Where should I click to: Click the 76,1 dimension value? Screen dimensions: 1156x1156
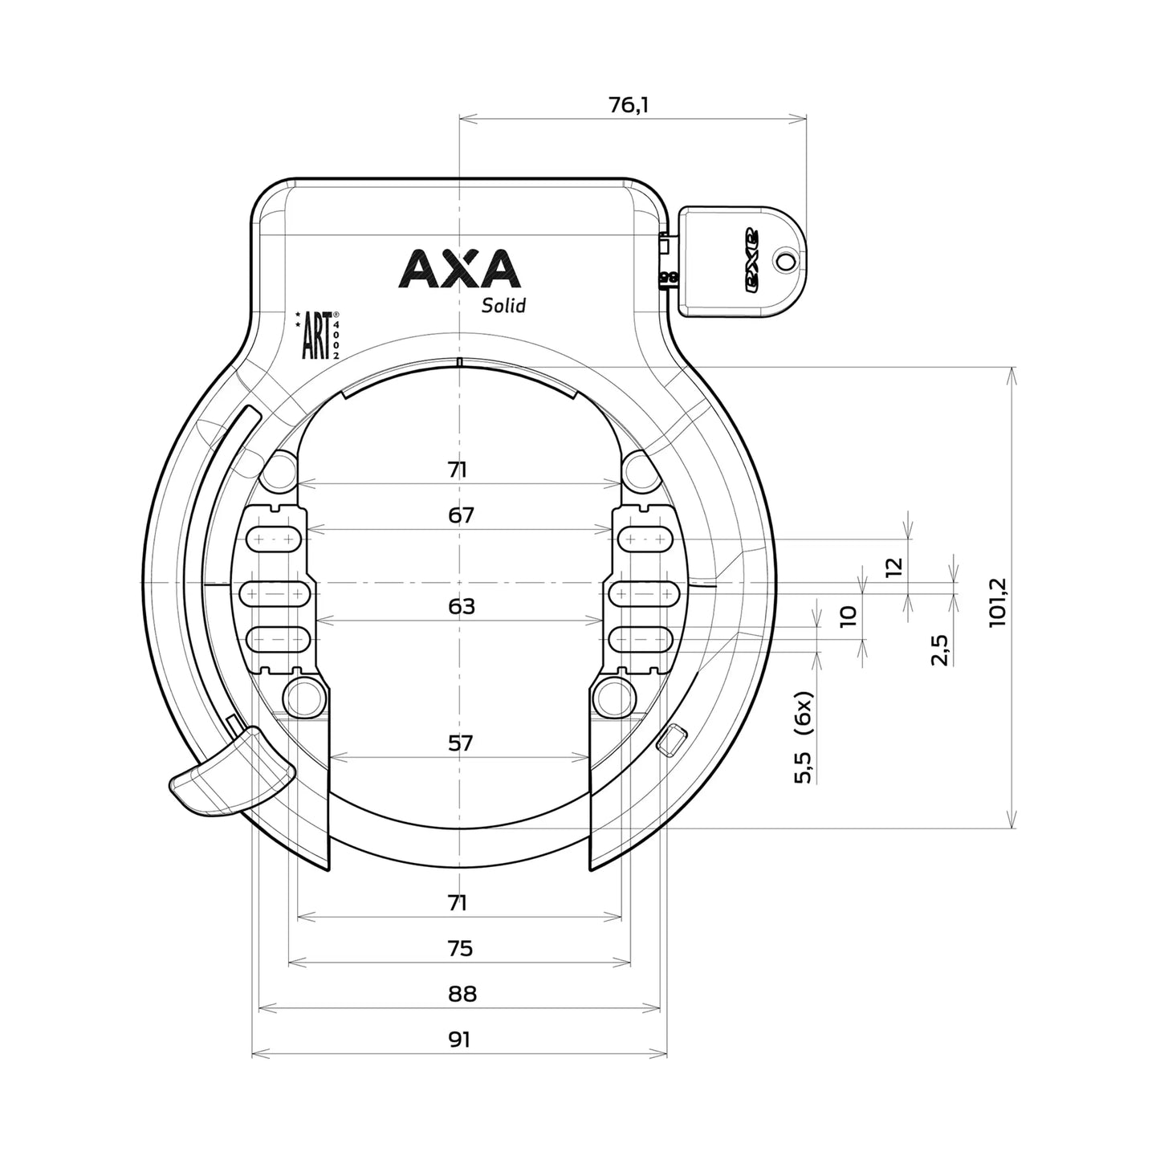[629, 104]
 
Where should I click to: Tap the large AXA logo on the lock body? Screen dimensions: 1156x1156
[459, 269]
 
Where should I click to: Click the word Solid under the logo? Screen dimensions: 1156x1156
[503, 305]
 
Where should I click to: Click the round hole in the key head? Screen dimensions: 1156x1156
[786, 260]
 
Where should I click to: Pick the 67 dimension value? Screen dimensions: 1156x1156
[461, 515]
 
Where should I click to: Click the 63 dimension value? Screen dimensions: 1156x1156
[461, 605]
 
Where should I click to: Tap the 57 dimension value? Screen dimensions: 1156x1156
[461, 743]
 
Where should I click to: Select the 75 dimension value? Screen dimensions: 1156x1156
[461, 948]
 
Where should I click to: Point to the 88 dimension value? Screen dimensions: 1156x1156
[461, 994]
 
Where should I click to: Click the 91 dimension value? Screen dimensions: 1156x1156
[459, 1040]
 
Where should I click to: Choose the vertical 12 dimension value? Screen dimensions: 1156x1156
[894, 567]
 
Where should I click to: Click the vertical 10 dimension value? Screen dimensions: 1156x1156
[849, 616]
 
